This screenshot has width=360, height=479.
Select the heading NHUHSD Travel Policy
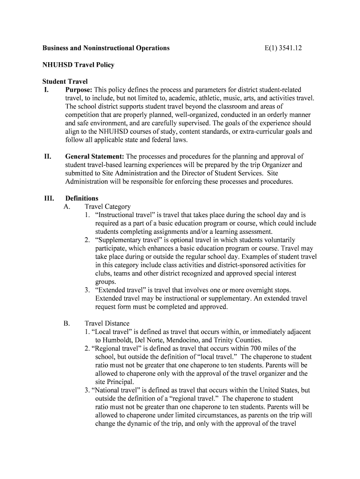(x=79, y=65)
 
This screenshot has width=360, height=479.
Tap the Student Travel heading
(x=65, y=81)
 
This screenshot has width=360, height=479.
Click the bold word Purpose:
(x=79, y=90)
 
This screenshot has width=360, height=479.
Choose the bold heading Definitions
(x=82, y=198)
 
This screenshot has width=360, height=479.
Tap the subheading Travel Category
(x=108, y=206)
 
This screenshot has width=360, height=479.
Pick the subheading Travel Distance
(x=107, y=323)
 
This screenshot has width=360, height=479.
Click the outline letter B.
(x=66, y=323)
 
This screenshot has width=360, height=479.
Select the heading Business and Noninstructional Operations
(x=106, y=48)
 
